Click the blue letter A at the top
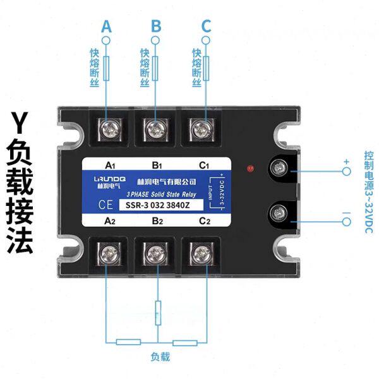click(x=106, y=27)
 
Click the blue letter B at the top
click(x=156, y=27)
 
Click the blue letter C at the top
click(x=206, y=27)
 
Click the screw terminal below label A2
click(x=106, y=254)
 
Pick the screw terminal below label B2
click(x=155, y=254)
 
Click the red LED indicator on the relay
click(x=250, y=169)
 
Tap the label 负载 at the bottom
click(x=160, y=356)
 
